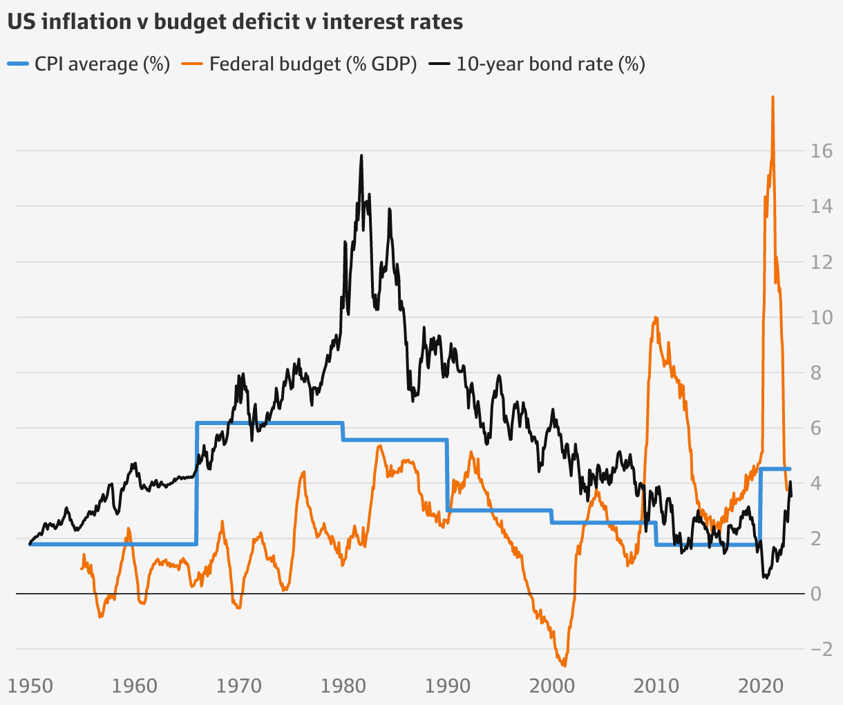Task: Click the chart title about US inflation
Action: click(x=235, y=21)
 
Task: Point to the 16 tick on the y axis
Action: click(x=822, y=151)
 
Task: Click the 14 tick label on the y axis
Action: click(x=822, y=207)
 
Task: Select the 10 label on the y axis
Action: click(x=822, y=317)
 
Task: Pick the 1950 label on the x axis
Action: click(x=30, y=686)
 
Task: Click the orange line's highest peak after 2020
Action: click(x=773, y=97)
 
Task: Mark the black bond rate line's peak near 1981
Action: click(x=361, y=156)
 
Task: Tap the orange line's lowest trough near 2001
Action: click(x=565, y=666)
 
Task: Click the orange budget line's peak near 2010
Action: click(x=655, y=317)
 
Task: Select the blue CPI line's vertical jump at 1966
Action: click(x=197, y=484)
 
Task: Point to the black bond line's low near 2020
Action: click(x=765, y=577)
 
